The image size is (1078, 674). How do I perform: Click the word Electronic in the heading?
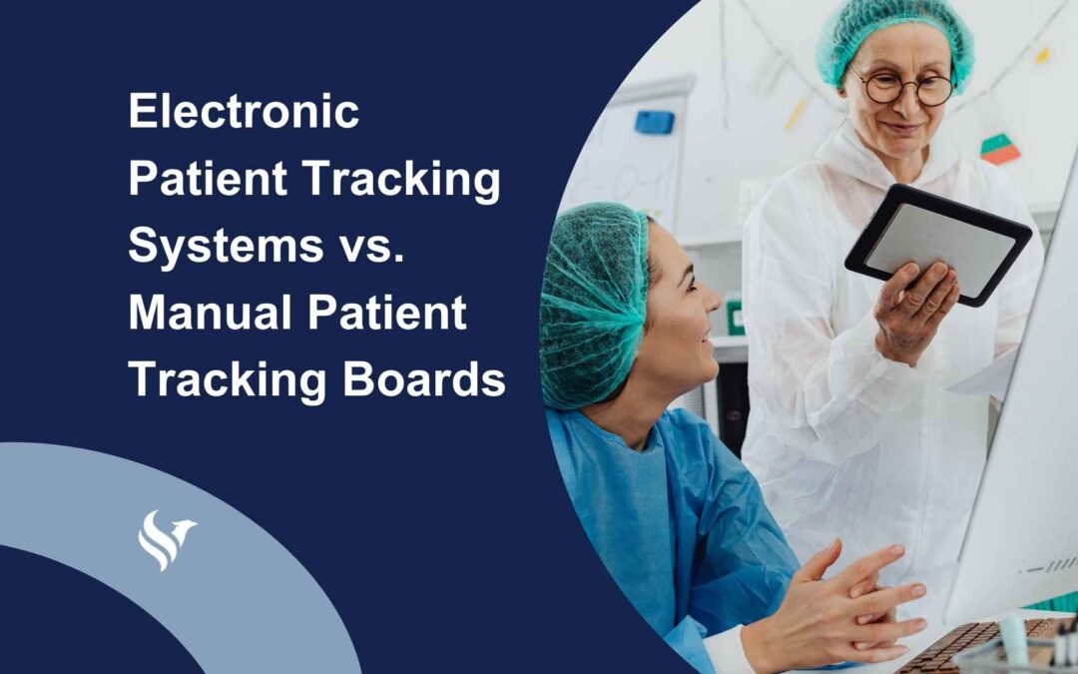coord(244,112)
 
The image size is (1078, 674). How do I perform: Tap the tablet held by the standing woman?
coord(937,243)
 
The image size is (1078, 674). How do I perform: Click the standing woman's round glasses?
coord(906,88)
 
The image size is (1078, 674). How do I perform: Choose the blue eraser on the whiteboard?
coord(654,122)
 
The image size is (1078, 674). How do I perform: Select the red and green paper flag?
coord(999,149)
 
